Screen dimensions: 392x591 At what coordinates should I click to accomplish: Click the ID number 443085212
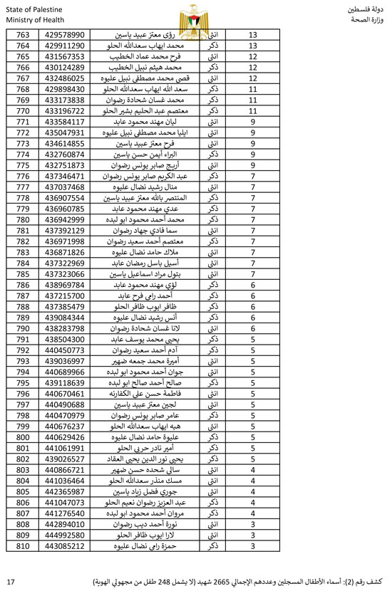coord(65,546)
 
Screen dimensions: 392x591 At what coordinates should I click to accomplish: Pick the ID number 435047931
coord(65,132)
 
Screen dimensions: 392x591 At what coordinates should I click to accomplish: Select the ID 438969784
coord(65,285)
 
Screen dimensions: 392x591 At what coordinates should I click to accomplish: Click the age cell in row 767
coord(253,78)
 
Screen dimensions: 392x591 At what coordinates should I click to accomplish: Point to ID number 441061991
coord(65,449)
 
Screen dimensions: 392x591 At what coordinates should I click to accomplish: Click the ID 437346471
coord(65,176)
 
